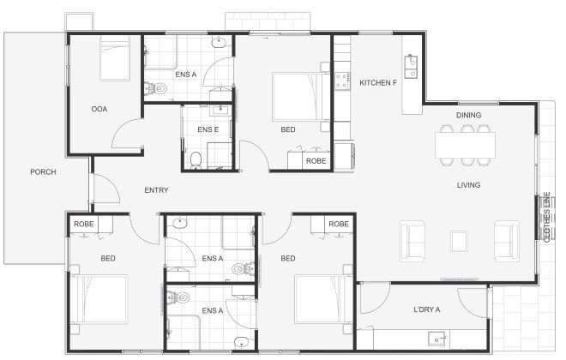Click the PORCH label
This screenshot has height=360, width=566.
43,172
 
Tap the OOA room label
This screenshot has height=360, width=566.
99,109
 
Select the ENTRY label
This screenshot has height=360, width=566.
156,190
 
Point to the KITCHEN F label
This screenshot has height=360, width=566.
378,83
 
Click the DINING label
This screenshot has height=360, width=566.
468,115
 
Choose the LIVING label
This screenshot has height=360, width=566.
467,185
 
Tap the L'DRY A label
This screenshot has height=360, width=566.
426,309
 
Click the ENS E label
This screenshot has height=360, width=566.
208,129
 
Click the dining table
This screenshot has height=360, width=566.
464,145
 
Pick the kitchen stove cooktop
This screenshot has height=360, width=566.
342,81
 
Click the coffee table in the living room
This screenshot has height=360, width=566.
459,240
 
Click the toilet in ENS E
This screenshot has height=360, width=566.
196,159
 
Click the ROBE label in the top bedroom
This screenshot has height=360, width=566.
316,161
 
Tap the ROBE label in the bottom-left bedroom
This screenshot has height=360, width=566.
84,225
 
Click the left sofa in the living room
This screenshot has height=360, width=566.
412,240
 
